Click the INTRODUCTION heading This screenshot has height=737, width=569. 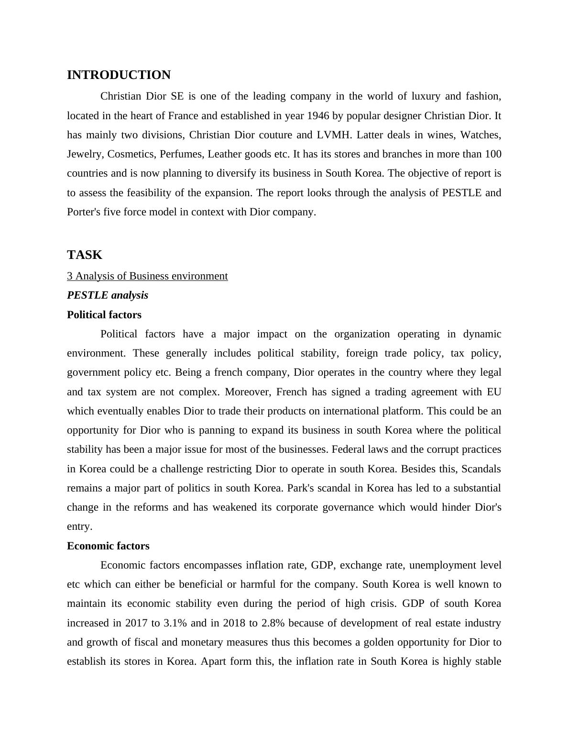pos(119,75)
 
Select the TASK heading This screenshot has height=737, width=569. pos(85,255)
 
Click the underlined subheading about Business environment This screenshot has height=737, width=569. pos(147,276)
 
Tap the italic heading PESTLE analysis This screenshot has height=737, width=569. pos(108,295)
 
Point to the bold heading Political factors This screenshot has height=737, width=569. pos(104,315)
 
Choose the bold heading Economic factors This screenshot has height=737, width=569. pos(108,546)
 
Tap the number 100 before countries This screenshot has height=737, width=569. pos(493,154)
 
